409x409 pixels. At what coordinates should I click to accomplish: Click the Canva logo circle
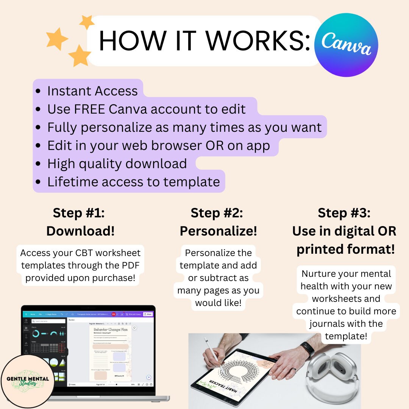[x=346, y=45]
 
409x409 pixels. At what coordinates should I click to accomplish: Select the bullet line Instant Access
[x=92, y=91]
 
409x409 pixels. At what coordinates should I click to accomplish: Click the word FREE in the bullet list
[x=90, y=109]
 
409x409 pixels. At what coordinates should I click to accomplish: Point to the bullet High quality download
[x=117, y=164]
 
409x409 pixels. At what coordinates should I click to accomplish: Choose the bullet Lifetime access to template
[x=133, y=182]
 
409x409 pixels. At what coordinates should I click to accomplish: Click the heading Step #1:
[x=79, y=213]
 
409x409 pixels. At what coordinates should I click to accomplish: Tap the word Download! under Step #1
[x=80, y=231]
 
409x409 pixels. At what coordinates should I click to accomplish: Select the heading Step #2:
[x=217, y=213]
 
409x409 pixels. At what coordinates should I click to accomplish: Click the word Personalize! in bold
[x=218, y=231]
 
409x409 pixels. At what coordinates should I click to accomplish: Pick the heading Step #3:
[x=344, y=213]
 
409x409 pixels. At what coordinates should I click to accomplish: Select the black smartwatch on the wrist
[x=307, y=349]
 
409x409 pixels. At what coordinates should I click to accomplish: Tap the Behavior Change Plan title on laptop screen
[x=110, y=329]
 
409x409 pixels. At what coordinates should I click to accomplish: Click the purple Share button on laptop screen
[x=148, y=314]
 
